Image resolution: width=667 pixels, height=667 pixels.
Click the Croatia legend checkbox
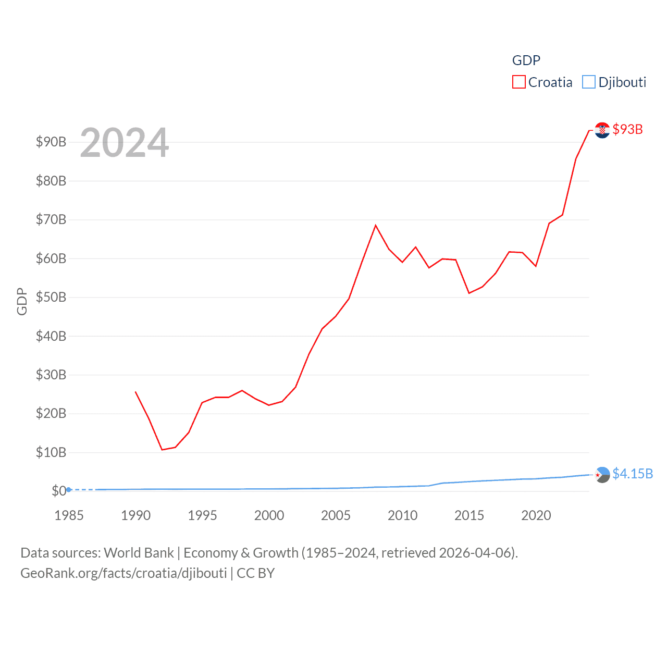(x=519, y=82)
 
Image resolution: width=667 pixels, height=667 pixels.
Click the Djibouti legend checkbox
(x=589, y=82)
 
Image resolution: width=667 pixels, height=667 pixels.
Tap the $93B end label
(x=627, y=129)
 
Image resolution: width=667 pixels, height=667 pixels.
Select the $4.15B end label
(x=633, y=474)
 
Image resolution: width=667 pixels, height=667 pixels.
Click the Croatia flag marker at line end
(x=602, y=130)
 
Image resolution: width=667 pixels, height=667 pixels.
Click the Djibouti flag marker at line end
(x=602, y=475)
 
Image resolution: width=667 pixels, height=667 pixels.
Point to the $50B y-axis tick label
(x=51, y=297)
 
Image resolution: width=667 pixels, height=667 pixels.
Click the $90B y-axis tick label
(x=51, y=142)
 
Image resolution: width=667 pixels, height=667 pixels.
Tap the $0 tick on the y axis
(x=59, y=491)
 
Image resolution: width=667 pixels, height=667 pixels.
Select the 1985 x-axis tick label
(x=69, y=515)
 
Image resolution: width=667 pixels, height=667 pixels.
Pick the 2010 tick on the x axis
(x=402, y=515)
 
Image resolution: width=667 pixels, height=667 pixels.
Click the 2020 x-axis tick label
(x=536, y=515)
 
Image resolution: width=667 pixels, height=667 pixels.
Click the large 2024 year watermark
(x=125, y=142)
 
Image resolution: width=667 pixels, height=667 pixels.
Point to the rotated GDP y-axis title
(x=22, y=301)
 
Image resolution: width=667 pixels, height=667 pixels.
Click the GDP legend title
(x=526, y=60)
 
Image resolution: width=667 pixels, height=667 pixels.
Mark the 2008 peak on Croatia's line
(x=375, y=225)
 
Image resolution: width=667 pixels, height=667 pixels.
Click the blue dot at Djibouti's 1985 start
(x=69, y=490)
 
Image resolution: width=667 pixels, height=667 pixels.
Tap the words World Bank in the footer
(x=139, y=552)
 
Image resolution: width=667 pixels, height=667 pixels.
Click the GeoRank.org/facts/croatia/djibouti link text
(x=123, y=573)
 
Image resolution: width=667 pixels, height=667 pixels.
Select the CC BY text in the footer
(x=255, y=573)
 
